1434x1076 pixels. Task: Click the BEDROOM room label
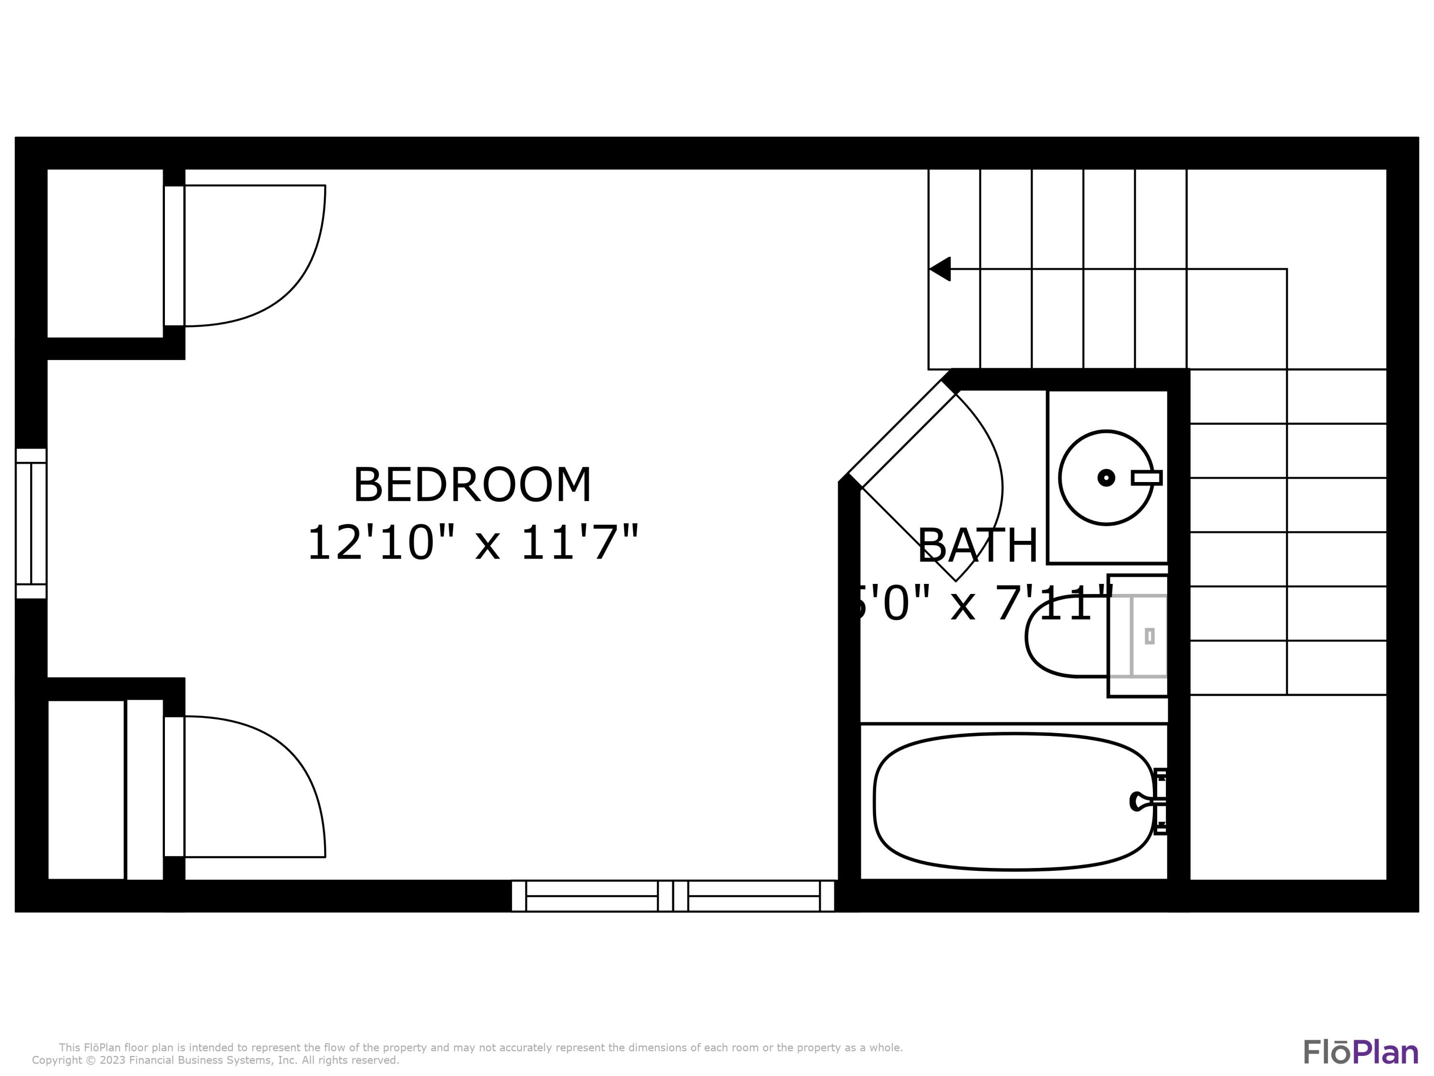click(x=472, y=485)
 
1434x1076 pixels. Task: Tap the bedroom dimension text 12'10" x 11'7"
click(x=472, y=544)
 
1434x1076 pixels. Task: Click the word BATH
click(x=977, y=546)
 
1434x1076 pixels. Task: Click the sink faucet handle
click(x=1146, y=477)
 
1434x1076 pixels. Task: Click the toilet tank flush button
click(x=1150, y=636)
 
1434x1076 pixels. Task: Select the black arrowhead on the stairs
click(x=941, y=268)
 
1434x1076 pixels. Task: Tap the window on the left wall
click(x=31, y=523)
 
